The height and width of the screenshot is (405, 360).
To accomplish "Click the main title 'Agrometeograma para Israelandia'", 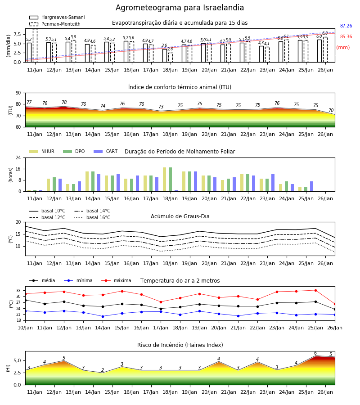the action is pyautogui.click(x=180, y=8).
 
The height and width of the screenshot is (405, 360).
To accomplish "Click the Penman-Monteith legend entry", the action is pyautogui.click(x=55, y=24).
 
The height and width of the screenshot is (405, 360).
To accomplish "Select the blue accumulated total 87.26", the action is pyautogui.click(x=346, y=26).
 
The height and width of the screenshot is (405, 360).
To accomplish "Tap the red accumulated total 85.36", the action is pyautogui.click(x=346, y=37).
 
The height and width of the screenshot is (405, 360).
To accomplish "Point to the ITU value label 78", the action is pyautogui.click(x=64, y=102).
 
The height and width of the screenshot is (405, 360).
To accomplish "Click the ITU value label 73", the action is pyautogui.click(x=161, y=107).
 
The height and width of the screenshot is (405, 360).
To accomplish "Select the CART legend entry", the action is pyautogui.click(x=106, y=151).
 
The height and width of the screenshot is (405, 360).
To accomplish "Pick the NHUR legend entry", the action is pyautogui.click(x=42, y=151).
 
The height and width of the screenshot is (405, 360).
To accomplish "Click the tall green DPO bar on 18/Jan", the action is pyautogui.click(x=171, y=180).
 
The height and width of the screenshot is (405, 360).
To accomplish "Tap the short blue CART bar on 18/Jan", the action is pyautogui.click(x=176, y=191).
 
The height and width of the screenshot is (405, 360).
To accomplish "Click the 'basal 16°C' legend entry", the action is pyautogui.click(x=92, y=217).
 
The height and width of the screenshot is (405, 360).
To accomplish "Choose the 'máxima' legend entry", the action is pyautogui.click(x=116, y=280).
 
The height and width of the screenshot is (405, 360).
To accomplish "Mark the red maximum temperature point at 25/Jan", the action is pyautogui.click(x=315, y=290).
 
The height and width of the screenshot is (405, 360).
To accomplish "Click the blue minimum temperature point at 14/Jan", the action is pyautogui.click(x=103, y=316).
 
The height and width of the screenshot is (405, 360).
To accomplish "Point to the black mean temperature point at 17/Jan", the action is pyautogui.click(x=161, y=309).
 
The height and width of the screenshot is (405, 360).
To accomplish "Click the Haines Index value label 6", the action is pyautogui.click(x=315, y=353).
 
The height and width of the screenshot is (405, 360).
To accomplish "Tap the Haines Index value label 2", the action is pyautogui.click(x=103, y=370).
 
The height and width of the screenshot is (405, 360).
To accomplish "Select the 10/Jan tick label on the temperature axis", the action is pyautogui.click(x=25, y=328).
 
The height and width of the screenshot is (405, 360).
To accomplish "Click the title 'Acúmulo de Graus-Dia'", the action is pyautogui.click(x=180, y=216).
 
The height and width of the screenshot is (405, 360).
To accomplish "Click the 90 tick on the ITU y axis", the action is pyautogui.click(x=18, y=93).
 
